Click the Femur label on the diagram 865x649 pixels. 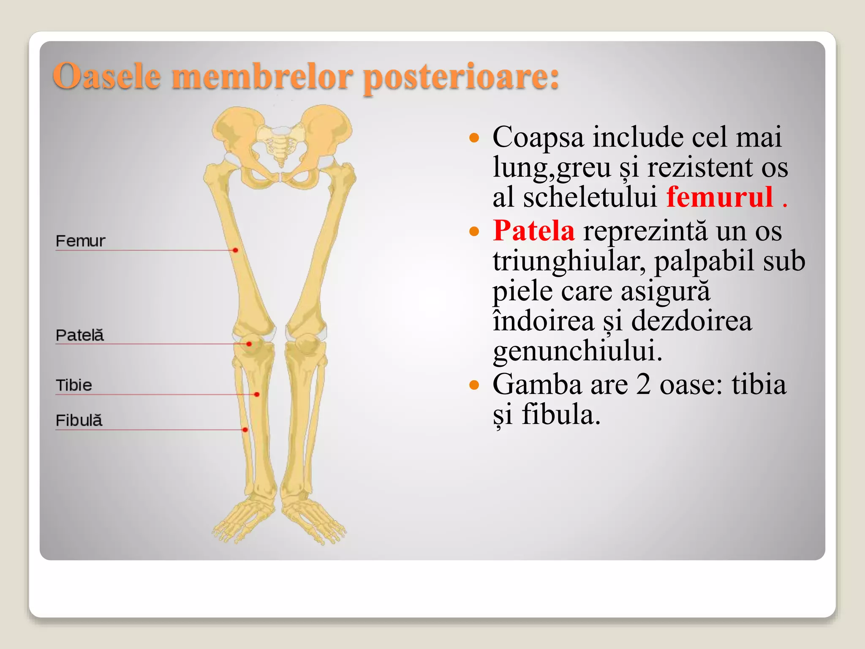80,241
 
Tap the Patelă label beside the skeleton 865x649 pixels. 79,335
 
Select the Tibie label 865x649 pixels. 74,385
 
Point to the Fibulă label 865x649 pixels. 79,420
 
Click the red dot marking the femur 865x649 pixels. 235,250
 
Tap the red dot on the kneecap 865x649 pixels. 249,344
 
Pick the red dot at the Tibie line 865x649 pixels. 257,394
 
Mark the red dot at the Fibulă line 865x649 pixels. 245,430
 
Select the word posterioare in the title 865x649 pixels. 460,77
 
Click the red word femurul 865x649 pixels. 720,197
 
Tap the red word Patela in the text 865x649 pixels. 534,231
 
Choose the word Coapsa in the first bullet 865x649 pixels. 538,137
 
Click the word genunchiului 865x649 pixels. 577,350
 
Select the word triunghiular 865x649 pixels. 569,261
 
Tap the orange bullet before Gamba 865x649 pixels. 474,384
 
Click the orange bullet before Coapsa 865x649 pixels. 474,137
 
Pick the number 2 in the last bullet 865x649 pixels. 643,384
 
